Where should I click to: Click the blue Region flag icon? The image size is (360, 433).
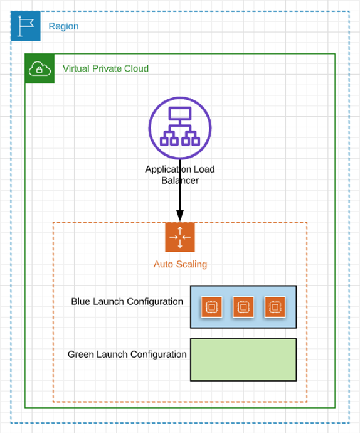(26, 26)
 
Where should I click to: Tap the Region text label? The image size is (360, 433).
(63, 26)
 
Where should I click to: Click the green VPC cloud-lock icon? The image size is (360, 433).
(40, 68)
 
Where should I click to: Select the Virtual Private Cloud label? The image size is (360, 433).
(105, 68)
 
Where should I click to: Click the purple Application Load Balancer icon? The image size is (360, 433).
(180, 128)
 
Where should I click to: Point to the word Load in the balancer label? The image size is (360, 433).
(204, 169)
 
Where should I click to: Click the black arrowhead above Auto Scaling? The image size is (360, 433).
(180, 215)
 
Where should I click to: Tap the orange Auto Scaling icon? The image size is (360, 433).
(180, 237)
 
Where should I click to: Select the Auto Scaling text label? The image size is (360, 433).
(180, 264)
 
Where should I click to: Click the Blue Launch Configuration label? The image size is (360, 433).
(127, 302)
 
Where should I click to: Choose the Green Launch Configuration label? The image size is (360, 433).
(127, 355)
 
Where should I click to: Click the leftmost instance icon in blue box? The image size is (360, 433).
(211, 307)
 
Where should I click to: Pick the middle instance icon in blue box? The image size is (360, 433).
(243, 307)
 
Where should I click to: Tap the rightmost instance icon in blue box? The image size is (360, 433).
(275, 307)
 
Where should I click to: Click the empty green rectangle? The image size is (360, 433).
(243, 360)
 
